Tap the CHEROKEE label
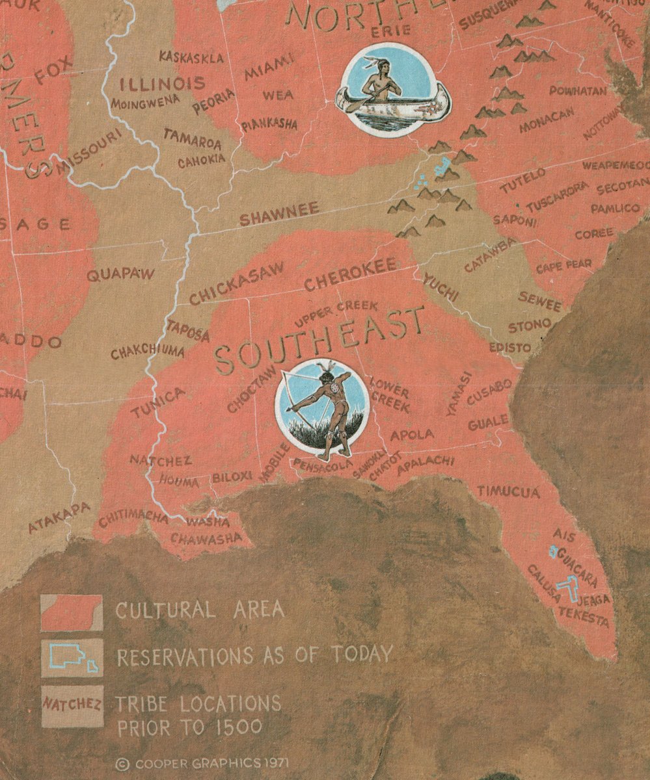[x=350, y=276]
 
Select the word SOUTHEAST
[x=319, y=338]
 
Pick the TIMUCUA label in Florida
[x=508, y=491]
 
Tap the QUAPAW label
[x=120, y=274]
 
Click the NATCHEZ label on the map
[x=161, y=461]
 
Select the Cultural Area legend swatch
[x=72, y=612]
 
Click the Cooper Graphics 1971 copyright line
[x=202, y=762]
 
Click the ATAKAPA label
[x=59, y=517]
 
